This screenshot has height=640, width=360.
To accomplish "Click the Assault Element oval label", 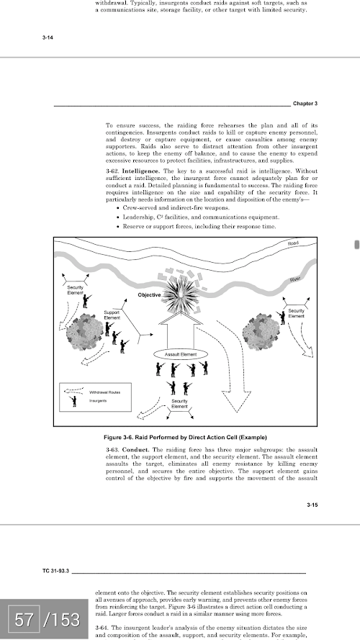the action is click(181, 354).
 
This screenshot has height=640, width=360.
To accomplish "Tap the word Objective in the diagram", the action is click(149, 294).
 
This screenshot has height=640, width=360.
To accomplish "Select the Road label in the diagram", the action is click(293, 243).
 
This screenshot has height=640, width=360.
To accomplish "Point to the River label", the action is click(295, 279).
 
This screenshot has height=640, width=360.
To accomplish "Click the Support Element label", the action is click(112, 315).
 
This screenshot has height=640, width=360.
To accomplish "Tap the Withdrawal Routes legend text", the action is click(104, 392).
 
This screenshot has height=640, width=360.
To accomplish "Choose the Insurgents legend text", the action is click(98, 401).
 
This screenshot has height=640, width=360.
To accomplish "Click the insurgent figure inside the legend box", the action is click(73, 401).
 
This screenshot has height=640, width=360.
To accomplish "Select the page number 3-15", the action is click(312, 505).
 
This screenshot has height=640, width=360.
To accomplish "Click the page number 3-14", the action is click(48, 37).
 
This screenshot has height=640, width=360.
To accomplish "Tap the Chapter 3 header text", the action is click(305, 104).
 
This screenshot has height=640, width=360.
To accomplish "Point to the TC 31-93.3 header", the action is click(55, 571).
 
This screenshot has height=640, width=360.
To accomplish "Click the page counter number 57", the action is click(24, 620).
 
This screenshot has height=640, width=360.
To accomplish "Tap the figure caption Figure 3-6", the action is click(185, 438).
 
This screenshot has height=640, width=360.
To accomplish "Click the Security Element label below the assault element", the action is click(179, 404).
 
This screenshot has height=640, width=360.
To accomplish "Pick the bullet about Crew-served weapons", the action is click(174, 208).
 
